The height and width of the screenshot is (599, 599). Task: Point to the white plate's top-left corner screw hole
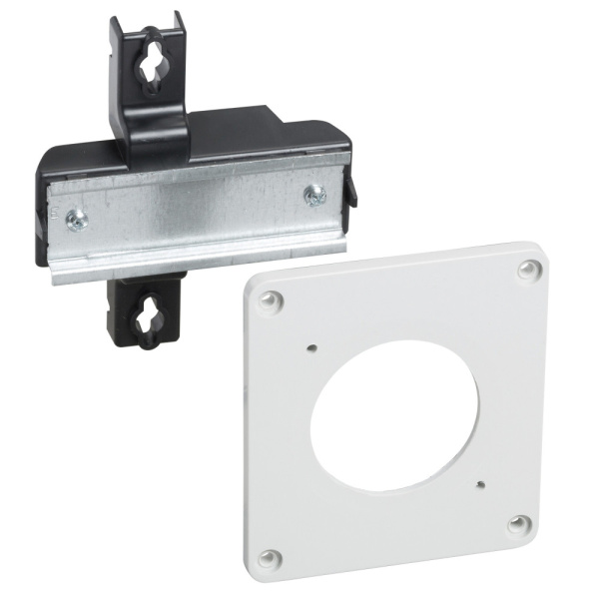[x=267, y=299]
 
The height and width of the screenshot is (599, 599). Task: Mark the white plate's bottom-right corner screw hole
[x=516, y=522]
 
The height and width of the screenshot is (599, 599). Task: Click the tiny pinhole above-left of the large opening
[x=313, y=347]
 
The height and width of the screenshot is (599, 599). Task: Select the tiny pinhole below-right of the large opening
[x=481, y=484]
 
